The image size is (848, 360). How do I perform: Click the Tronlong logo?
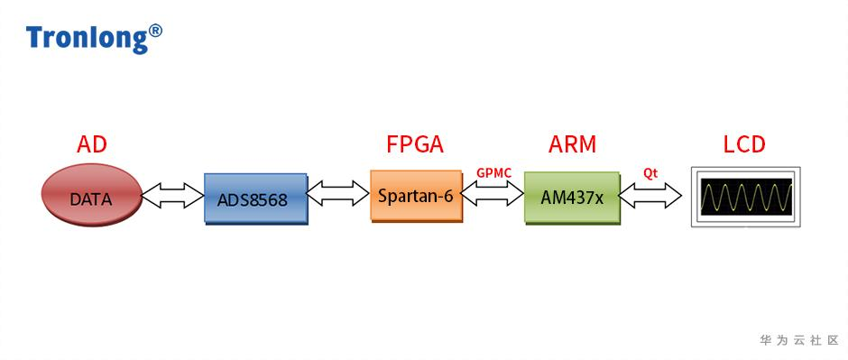tap(94, 38)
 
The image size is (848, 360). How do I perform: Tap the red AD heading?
tap(92, 145)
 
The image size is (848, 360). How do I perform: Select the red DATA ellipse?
tap(92, 195)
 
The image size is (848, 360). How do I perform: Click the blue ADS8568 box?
tap(256, 198)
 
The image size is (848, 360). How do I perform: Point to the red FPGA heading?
tap(415, 145)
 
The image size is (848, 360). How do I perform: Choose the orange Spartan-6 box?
tap(417, 196)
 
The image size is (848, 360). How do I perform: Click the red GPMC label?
tap(493, 173)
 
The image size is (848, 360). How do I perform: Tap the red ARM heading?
tap(572, 145)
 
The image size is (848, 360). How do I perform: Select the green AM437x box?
tap(572, 198)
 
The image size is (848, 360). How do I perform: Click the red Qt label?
tap(650, 173)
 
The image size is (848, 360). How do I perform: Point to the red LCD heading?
tap(744, 145)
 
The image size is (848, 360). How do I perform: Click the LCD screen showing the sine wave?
tap(746, 197)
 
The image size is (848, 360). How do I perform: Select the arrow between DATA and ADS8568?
tap(173, 195)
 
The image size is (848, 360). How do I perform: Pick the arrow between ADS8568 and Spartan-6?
tap(338, 193)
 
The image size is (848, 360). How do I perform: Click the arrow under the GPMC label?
tap(493, 193)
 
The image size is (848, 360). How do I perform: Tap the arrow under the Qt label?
tap(650, 195)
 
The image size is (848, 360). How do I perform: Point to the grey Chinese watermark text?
tap(798, 340)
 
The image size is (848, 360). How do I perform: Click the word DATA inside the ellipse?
tap(91, 199)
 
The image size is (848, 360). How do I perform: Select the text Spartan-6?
tap(415, 196)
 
